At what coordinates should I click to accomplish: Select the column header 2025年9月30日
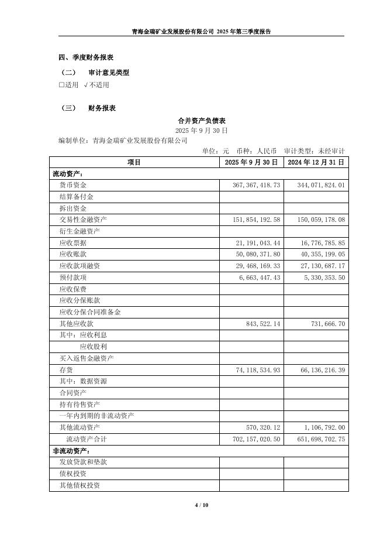(251, 162)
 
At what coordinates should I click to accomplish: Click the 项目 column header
(134, 162)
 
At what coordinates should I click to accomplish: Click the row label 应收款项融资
(80, 266)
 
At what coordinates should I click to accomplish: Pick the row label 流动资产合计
(87, 439)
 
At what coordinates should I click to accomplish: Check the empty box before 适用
(61, 85)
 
